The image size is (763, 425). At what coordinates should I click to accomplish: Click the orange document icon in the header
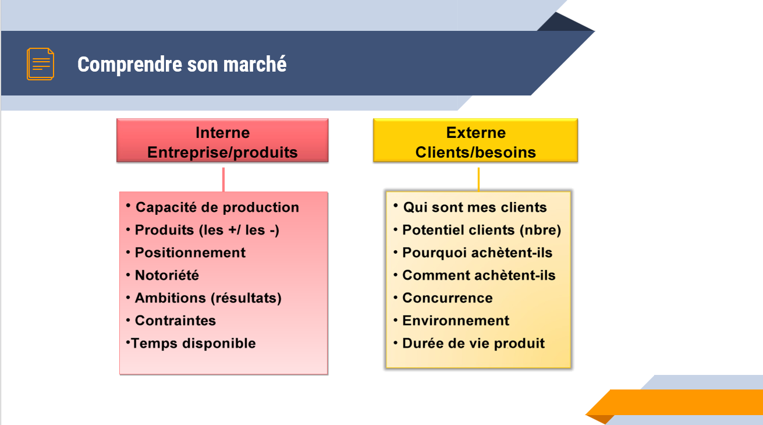coord(40,64)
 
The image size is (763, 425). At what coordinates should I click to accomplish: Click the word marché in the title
coord(255,64)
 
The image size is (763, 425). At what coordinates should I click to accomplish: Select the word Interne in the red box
coord(223,133)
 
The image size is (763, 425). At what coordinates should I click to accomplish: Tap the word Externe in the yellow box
coord(476,133)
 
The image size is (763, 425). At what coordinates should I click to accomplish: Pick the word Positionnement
coord(190,253)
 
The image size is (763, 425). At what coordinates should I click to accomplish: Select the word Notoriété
coord(167,275)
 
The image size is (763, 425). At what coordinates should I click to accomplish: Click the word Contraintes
coord(175,320)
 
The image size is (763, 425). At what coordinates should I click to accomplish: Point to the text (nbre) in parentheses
coord(540,230)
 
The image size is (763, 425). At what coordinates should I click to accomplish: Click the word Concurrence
coord(447,298)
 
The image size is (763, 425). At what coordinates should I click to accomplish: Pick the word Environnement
coord(456,320)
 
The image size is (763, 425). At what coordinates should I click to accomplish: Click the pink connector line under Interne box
coord(223,180)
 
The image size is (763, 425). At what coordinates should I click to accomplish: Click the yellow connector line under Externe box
coord(478,179)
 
